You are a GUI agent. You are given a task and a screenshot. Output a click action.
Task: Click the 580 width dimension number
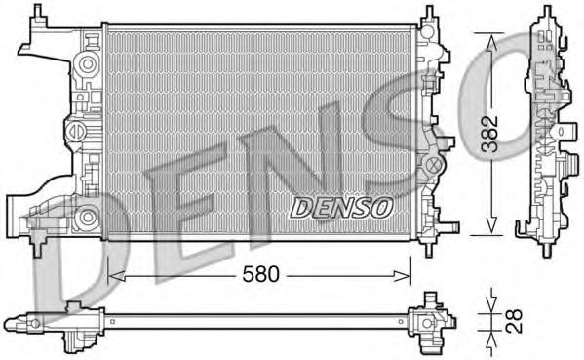pyautogui.click(x=261, y=275)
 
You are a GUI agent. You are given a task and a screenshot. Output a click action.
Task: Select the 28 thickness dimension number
pyautogui.click(x=513, y=318)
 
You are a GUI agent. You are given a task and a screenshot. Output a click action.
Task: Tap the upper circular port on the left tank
pyautogui.click(x=88, y=62)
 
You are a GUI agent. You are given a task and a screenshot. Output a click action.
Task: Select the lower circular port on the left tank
pyautogui.click(x=88, y=216)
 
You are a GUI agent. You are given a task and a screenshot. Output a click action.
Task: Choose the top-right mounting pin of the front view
pyautogui.click(x=428, y=15)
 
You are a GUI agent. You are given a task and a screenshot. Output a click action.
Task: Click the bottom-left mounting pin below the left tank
pyautogui.click(x=39, y=244)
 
